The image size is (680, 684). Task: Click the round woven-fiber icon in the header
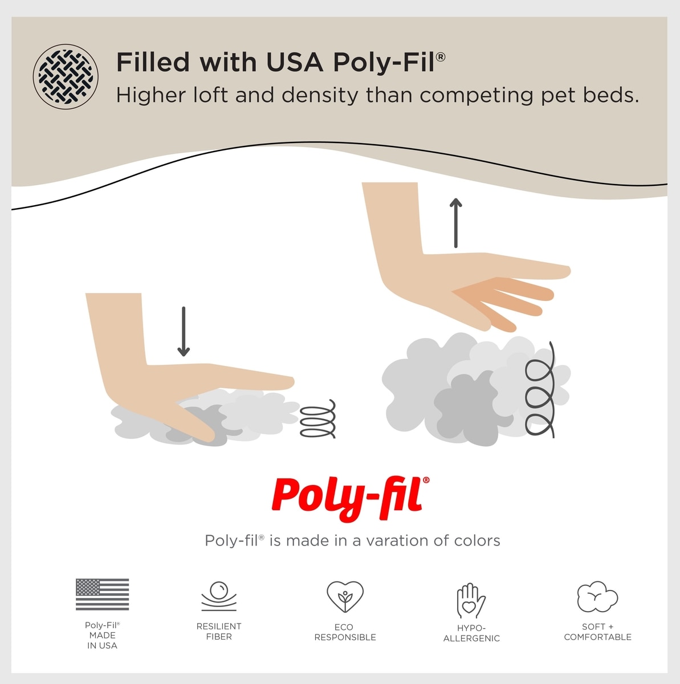coord(66,77)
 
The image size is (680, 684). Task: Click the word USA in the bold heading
coord(294,62)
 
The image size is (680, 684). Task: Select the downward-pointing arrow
coord(183,332)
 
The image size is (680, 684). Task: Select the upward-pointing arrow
coord(456,222)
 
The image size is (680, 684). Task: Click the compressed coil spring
coord(318,419)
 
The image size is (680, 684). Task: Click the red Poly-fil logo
coord(351,499)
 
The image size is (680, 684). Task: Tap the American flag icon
coord(102,594)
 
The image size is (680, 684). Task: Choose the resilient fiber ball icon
coord(219,596)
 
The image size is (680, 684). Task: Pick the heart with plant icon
coord(345,597)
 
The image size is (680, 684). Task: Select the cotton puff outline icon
coord(597,597)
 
